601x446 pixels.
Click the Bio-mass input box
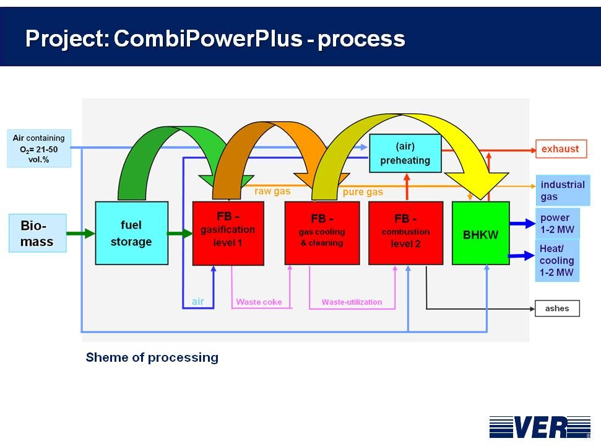coord(38,233)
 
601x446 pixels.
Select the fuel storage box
coord(131,233)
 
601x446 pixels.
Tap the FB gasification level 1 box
coord(228,233)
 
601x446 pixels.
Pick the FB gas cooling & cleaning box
coord(322,233)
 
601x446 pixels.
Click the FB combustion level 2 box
coord(405,233)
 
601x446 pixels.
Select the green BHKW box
coord(481,234)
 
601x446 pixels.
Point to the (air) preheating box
coord(405,153)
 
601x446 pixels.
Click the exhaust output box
coord(560,149)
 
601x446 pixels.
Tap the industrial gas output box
coord(562,191)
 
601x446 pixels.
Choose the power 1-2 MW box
coord(557,224)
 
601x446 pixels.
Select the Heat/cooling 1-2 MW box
coord(557,261)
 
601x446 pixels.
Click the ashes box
coord(557,308)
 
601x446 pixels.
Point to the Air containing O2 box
coord(39,148)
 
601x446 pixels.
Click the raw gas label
coord(272,191)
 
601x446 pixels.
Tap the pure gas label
coord(363,192)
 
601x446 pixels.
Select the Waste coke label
coord(259,302)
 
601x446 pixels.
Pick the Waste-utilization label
coord(352,302)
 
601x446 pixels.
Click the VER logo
coord(539,426)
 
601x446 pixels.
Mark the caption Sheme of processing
coord(152,357)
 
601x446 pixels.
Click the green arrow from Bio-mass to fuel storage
coord(80,234)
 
